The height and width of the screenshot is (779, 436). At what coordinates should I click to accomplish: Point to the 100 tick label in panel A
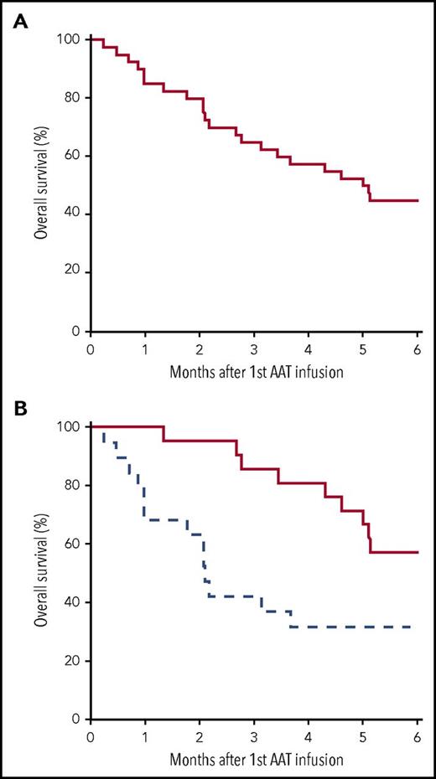point(69,39)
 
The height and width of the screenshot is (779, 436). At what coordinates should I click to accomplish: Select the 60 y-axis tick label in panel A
point(72,156)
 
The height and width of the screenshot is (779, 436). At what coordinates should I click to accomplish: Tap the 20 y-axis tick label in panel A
point(72,272)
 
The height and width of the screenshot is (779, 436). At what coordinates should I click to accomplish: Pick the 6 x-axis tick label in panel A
point(417,348)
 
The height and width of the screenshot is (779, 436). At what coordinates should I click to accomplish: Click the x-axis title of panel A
point(253,369)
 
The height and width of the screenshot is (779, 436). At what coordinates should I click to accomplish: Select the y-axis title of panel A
point(40,184)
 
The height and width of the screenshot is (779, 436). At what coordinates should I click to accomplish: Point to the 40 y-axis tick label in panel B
point(72,602)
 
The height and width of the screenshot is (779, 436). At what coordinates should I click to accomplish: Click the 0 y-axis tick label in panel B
point(75,720)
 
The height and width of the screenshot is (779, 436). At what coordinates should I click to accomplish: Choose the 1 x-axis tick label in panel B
point(144,735)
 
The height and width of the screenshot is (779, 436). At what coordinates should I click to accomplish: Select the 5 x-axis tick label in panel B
point(362,735)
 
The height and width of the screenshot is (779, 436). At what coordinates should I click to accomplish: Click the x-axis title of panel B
point(253,756)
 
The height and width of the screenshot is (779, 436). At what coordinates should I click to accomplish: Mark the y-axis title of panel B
point(40,572)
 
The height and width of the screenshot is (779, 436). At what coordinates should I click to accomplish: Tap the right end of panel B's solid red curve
point(417,553)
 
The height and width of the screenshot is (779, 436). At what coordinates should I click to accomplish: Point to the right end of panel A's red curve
point(417,201)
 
